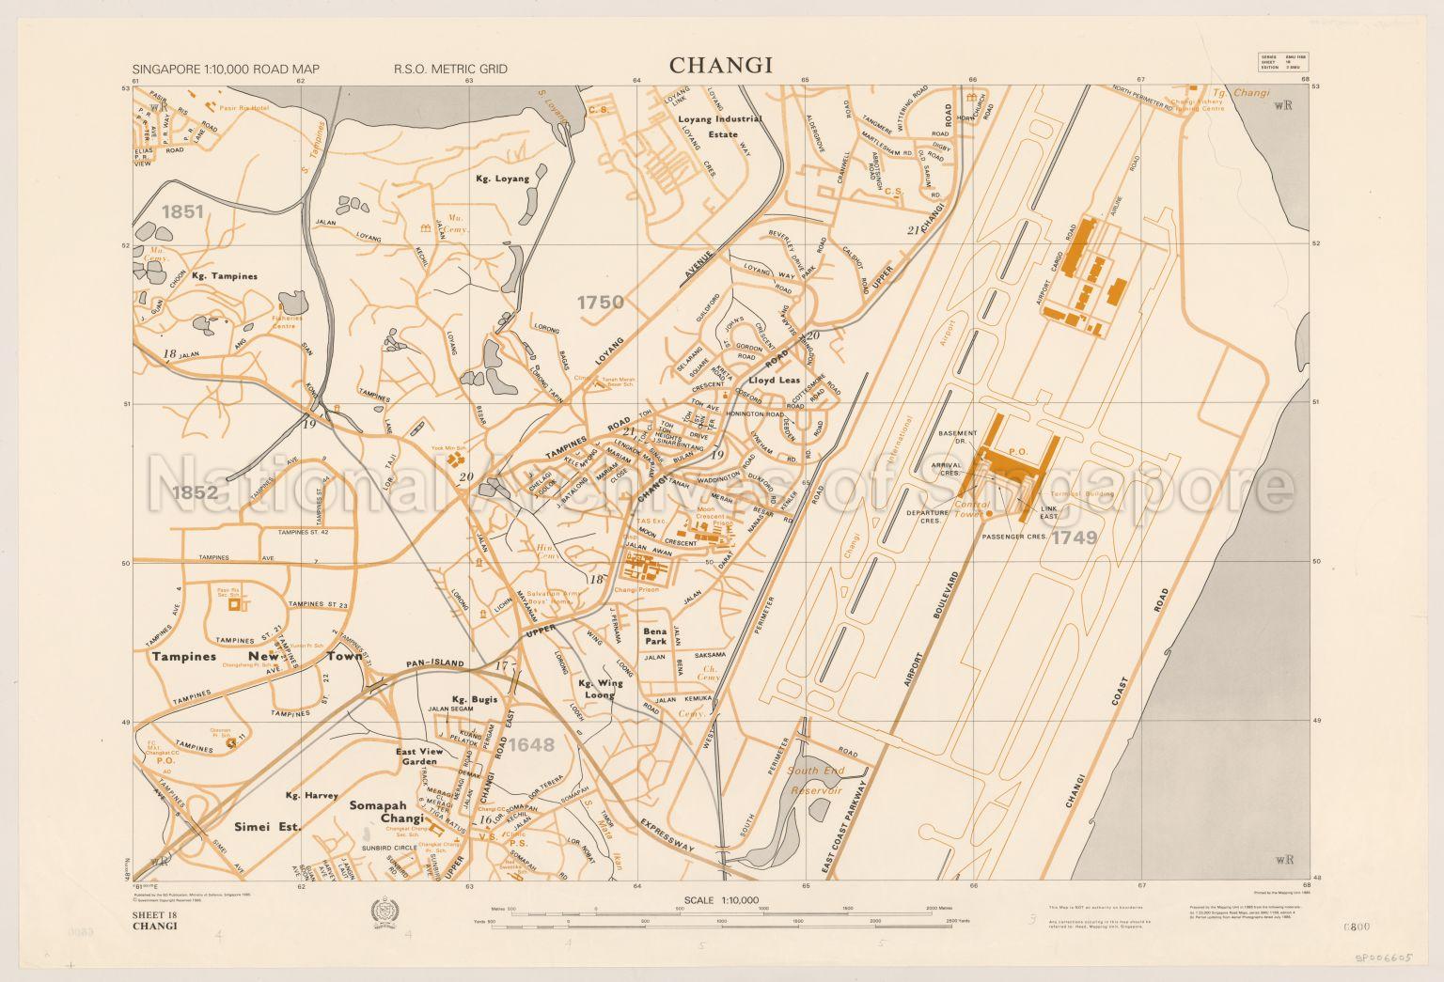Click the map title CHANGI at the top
click(720, 66)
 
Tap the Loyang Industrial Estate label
click(720, 127)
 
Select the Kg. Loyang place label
click(502, 179)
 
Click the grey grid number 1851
click(181, 212)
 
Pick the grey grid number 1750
click(600, 303)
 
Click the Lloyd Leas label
click(775, 381)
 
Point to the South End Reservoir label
click(815, 781)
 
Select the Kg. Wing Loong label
click(596, 690)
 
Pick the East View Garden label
click(418, 757)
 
